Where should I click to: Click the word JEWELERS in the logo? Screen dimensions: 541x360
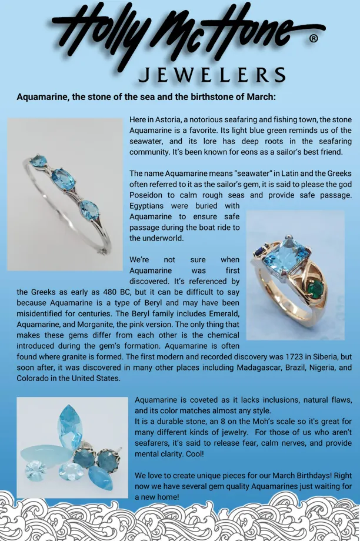coord(211,75)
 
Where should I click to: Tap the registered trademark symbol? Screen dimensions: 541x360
coord(314,39)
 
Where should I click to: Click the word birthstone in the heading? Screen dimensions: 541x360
coord(201,96)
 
